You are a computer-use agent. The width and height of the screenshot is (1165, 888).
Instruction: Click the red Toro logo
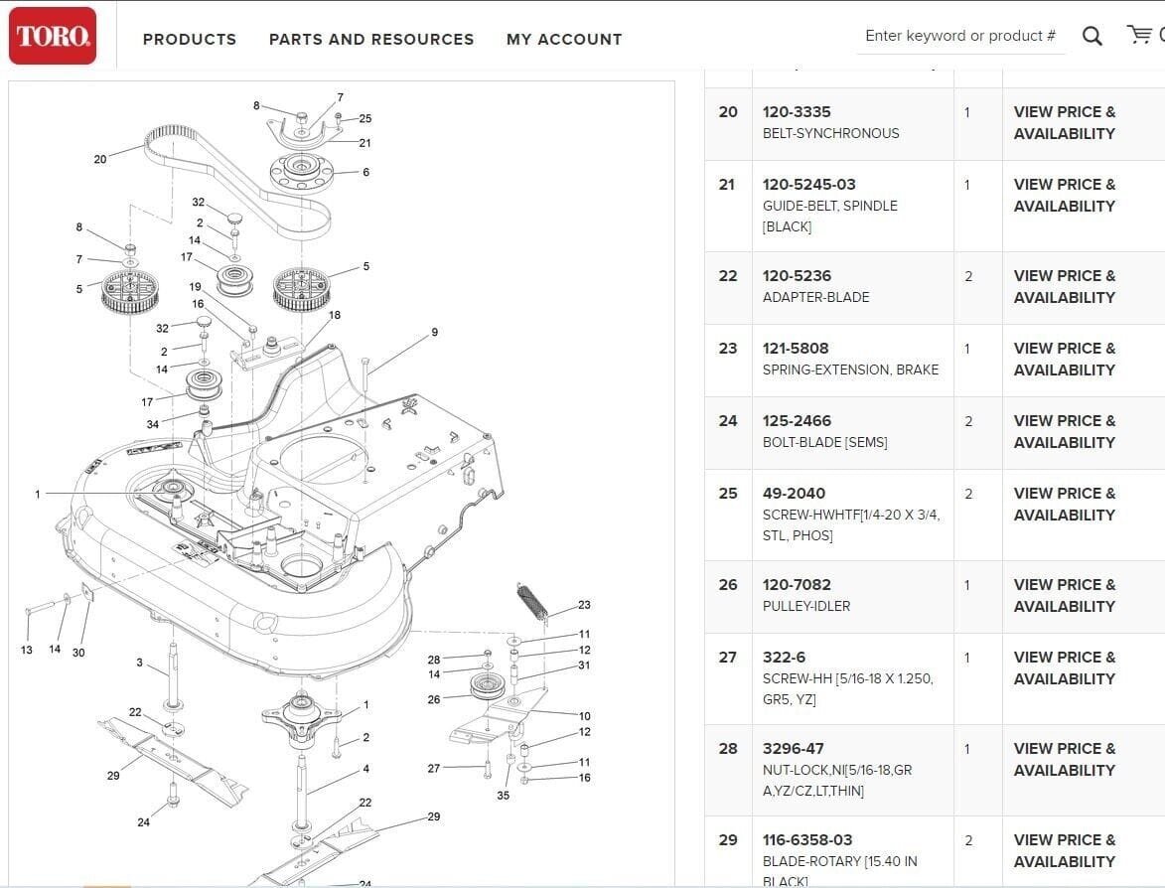tap(53, 36)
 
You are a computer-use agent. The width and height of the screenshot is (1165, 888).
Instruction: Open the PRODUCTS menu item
tap(190, 40)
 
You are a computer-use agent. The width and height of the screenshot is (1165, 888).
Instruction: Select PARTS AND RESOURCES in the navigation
tap(371, 40)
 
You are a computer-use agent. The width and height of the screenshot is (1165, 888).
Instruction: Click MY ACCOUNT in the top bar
tap(564, 40)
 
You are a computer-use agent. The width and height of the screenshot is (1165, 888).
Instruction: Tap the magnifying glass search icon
tap(1092, 37)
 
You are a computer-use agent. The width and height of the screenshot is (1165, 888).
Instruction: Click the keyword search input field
tap(959, 36)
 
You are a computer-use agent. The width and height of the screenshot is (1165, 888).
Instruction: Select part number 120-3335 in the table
tap(797, 112)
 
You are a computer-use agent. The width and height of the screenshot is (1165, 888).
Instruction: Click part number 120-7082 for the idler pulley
tap(797, 585)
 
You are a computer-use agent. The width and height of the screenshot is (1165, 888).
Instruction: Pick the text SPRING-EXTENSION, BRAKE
tap(850, 370)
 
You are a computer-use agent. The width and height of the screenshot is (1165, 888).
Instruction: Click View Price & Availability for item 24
tap(1065, 431)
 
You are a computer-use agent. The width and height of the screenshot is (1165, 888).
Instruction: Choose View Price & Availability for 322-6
tap(1065, 667)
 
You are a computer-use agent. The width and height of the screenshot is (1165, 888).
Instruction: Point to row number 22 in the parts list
tap(728, 276)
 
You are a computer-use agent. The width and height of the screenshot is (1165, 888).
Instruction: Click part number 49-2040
tap(794, 494)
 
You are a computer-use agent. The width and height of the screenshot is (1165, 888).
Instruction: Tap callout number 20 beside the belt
tap(100, 159)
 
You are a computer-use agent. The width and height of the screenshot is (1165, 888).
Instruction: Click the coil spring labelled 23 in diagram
tap(531, 602)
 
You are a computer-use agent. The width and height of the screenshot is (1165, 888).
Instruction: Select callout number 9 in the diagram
tap(434, 333)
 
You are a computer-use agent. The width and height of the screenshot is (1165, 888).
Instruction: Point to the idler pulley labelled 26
tap(487, 685)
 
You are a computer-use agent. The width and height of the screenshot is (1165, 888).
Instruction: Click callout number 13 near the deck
tap(26, 651)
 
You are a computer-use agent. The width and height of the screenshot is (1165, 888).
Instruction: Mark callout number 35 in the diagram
tap(504, 796)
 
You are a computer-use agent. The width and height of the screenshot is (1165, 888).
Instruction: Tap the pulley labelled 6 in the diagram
tap(301, 171)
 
